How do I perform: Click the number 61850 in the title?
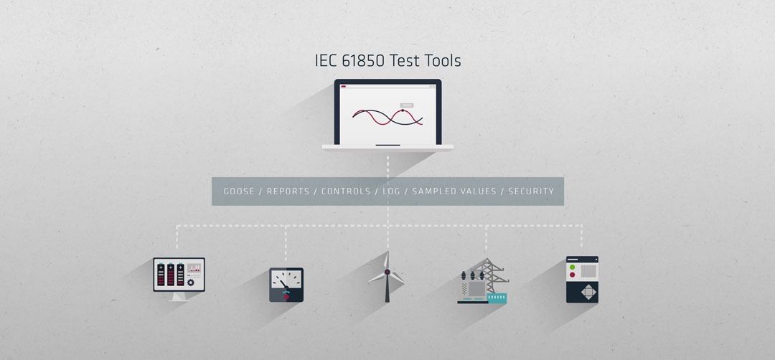pyautogui.click(x=361, y=61)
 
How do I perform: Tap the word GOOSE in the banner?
pyautogui.click(x=239, y=191)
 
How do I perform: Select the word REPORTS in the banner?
pyautogui.click(x=288, y=191)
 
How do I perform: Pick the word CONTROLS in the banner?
pyautogui.click(x=346, y=191)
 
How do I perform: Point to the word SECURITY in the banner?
pyautogui.click(x=531, y=191)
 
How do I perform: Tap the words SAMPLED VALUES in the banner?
pyautogui.click(x=454, y=191)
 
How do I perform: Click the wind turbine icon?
pyautogui.click(x=387, y=277)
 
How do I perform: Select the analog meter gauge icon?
pyautogui.click(x=286, y=285)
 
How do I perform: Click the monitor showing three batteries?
pyautogui.click(x=179, y=279)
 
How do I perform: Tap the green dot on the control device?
pyautogui.click(x=573, y=267)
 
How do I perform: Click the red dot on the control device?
pyautogui.click(x=573, y=275)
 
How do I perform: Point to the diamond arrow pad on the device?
pyautogui.click(x=588, y=291)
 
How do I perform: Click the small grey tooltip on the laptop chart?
pyautogui.click(x=406, y=105)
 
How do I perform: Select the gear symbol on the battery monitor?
pyautogui.click(x=191, y=283)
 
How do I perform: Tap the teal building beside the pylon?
pyautogui.click(x=497, y=298)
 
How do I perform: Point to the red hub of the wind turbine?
pyautogui.click(x=387, y=272)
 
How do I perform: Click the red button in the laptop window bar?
pyautogui.click(x=344, y=87)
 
